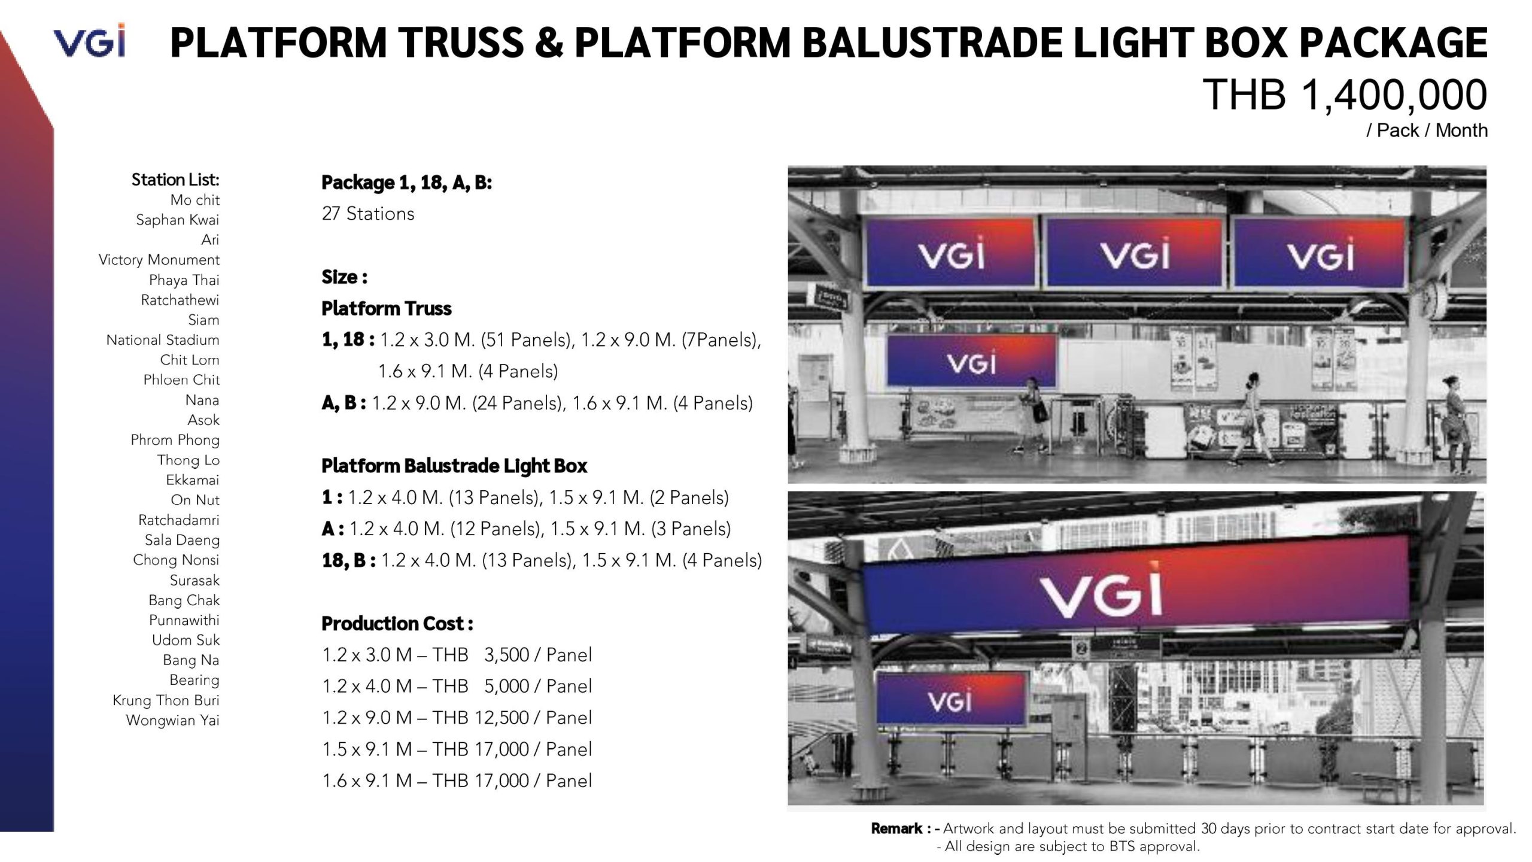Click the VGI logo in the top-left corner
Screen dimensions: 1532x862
click(89, 40)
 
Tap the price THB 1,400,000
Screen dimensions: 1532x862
click(1345, 95)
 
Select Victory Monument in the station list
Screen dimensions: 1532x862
click(159, 260)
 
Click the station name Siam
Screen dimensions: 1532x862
click(203, 320)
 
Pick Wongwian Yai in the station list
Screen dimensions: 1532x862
click(172, 720)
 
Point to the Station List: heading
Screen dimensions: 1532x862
click(175, 180)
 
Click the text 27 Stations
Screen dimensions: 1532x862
click(368, 214)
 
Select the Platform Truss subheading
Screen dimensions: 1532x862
click(387, 308)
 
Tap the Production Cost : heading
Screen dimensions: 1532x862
click(397, 623)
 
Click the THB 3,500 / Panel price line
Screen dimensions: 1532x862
click(457, 654)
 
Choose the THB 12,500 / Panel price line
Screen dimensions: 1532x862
click(457, 717)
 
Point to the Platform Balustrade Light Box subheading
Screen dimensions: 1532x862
click(454, 465)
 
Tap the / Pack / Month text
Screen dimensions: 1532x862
click(1427, 130)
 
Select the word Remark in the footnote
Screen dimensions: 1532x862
click(897, 828)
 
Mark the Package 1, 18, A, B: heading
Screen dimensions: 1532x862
click(407, 183)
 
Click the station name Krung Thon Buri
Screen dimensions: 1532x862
click(166, 700)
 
